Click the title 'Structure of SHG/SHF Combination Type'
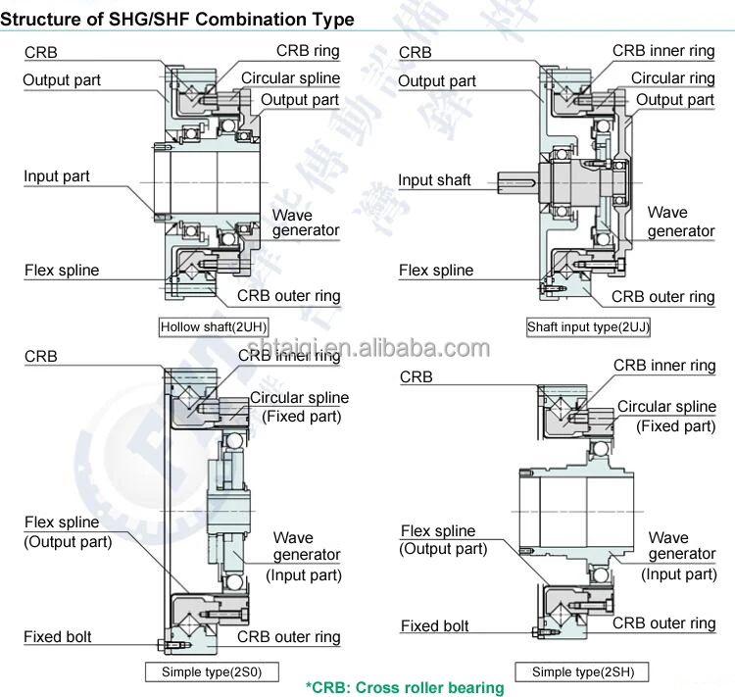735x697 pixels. [177, 19]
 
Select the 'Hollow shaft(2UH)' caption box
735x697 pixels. [214, 326]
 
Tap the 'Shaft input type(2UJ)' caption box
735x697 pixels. [589, 326]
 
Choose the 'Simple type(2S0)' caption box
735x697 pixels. [212, 672]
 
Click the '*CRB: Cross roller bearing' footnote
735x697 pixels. [405, 687]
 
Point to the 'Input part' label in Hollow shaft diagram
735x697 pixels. [57, 176]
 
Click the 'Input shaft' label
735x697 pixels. [434, 180]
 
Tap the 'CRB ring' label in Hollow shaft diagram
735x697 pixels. [308, 51]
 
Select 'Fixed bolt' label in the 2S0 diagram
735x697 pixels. [58, 637]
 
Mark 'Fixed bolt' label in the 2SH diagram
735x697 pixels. [434, 625]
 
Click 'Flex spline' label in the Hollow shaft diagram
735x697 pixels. [62, 270]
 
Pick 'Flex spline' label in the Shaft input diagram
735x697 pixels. [436, 270]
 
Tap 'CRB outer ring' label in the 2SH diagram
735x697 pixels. [663, 622]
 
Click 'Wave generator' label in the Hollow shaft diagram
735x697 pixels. [306, 223]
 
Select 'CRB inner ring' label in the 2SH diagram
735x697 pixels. [664, 366]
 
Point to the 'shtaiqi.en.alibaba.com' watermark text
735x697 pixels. [368, 348]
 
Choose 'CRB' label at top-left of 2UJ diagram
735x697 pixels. [416, 52]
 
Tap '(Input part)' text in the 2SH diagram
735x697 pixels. [679, 573]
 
